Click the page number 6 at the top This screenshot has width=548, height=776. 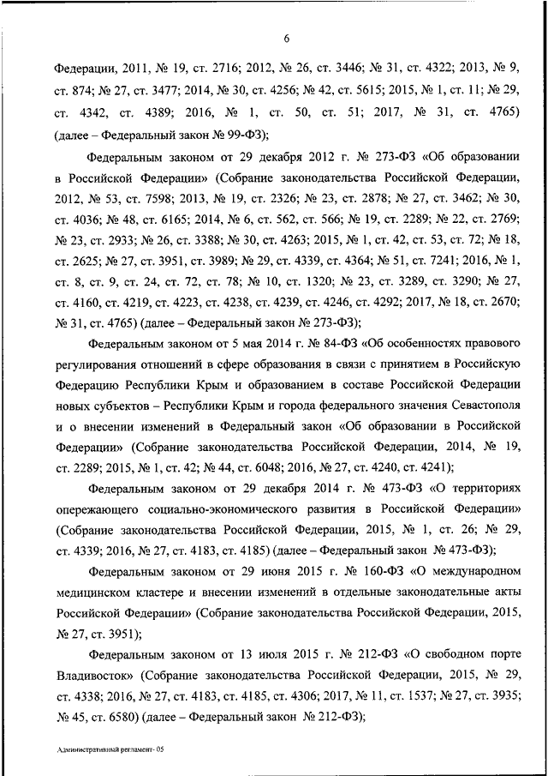coord(286,36)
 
